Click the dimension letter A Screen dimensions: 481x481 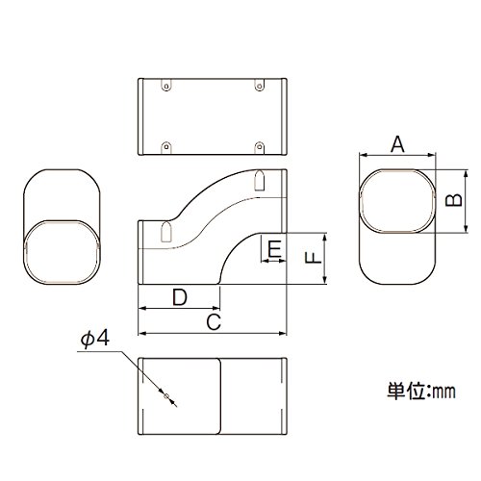pos(397,144)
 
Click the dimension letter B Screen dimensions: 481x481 pos(454,200)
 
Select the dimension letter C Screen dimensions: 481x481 pos(214,322)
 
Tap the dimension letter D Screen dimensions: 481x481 pos(180,297)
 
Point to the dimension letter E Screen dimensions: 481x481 pos(274,249)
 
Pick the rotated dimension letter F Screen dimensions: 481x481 pos(313,258)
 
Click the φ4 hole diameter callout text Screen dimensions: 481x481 pos(95,339)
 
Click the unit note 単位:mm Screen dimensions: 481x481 pos(421,392)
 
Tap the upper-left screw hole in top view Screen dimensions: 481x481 pos(166,86)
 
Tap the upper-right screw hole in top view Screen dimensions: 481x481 pos(259,86)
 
